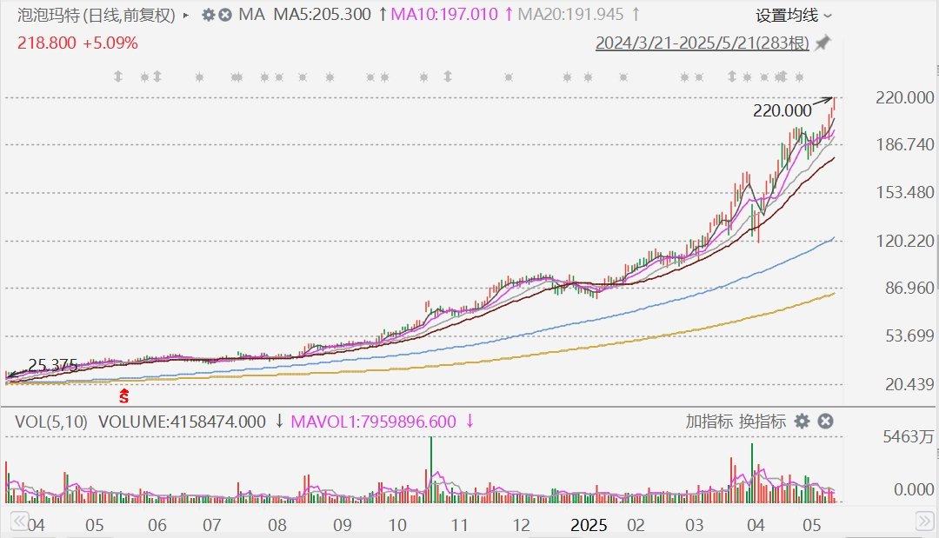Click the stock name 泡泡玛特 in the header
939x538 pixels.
pyautogui.click(x=46, y=15)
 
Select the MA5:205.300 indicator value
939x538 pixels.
pyautogui.click(x=322, y=15)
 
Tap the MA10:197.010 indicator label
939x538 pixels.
pyautogui.click(x=444, y=15)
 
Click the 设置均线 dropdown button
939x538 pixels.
pyautogui.click(x=793, y=15)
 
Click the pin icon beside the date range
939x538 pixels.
pyautogui.click(x=822, y=43)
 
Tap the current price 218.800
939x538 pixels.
pyautogui.click(x=44, y=43)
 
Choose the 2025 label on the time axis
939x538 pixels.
pyautogui.click(x=589, y=525)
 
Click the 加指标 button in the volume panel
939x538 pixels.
pyautogui.click(x=708, y=422)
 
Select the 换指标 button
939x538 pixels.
pyautogui.click(x=762, y=422)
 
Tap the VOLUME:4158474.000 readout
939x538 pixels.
pyautogui.click(x=182, y=422)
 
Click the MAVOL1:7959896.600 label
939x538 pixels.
pyautogui.click(x=373, y=422)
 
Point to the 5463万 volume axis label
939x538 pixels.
pyautogui.click(x=903, y=438)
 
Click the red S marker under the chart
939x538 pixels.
pyautogui.click(x=124, y=396)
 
